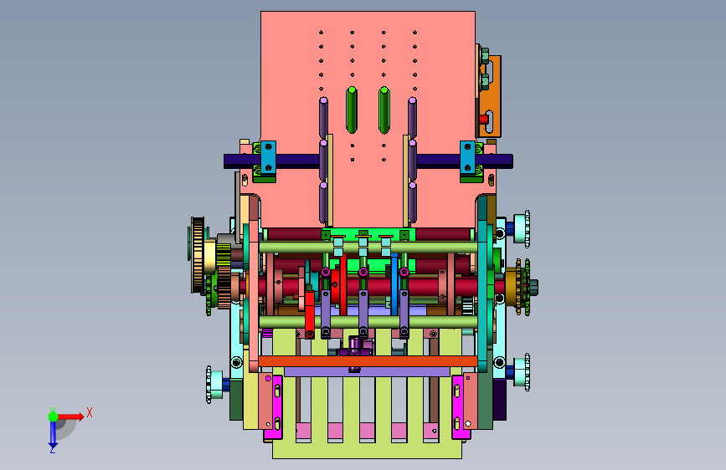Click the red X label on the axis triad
90,412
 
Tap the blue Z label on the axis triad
53,449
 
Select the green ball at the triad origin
54,416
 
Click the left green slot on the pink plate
352,110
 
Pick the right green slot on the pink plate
384,110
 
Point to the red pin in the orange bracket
484,120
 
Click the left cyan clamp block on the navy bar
268,157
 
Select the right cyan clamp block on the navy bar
467,157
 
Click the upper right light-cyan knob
522,229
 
